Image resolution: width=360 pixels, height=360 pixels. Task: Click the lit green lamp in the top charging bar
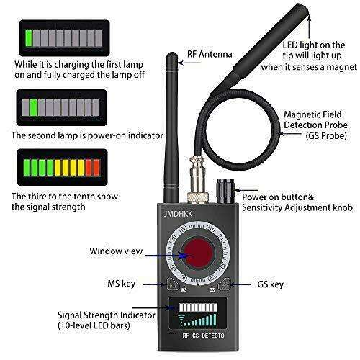click(x=30, y=38)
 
